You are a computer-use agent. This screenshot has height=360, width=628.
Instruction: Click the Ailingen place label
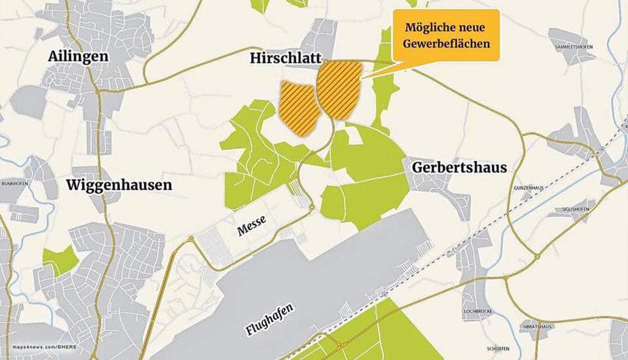click(x=78, y=57)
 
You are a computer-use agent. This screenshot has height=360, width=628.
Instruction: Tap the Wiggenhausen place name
click(x=119, y=185)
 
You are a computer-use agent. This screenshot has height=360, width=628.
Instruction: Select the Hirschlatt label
click(x=285, y=59)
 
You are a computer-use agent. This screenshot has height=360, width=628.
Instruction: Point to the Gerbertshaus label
click(x=459, y=168)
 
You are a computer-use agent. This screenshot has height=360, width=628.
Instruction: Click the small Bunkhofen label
click(x=14, y=183)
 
